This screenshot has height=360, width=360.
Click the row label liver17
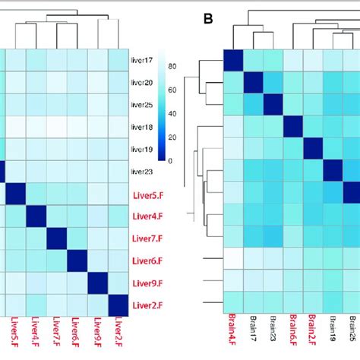tap(142, 60)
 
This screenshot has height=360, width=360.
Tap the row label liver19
tap(142, 149)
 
